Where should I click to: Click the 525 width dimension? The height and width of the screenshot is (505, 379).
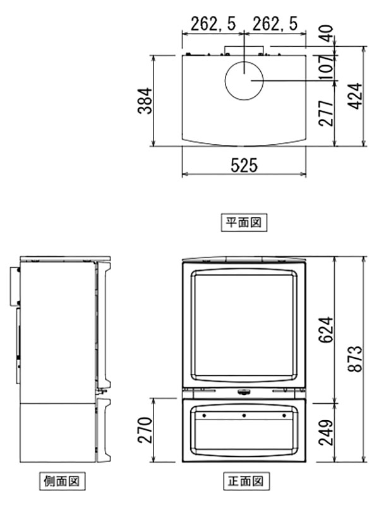click(x=244, y=166)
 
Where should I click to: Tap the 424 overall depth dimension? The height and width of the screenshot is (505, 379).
click(x=356, y=96)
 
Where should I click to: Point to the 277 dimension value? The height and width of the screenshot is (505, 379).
click(x=325, y=114)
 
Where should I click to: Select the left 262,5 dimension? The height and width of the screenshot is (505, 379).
click(x=209, y=25)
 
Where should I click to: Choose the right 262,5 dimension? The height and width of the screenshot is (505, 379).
click(x=275, y=25)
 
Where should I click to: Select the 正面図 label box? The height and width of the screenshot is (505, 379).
click(x=244, y=480)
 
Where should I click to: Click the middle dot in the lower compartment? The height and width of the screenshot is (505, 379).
click(x=244, y=416)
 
